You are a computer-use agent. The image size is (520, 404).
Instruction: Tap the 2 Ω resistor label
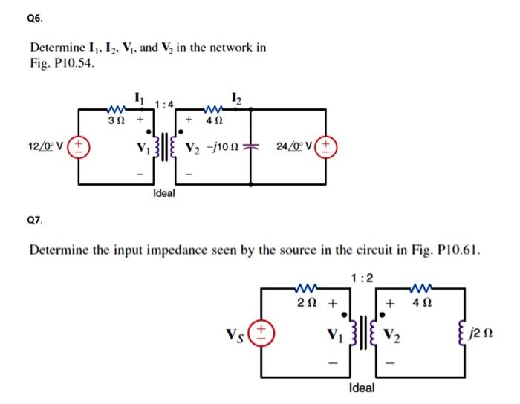pos(305,303)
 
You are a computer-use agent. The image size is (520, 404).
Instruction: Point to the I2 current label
pos(235,99)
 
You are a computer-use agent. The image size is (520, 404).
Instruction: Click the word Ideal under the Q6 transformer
pos(163,193)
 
